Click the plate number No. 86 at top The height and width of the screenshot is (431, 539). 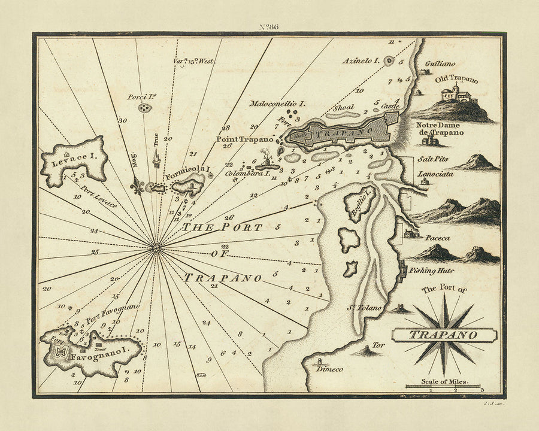(268, 26)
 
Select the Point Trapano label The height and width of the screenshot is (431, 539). (244, 138)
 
